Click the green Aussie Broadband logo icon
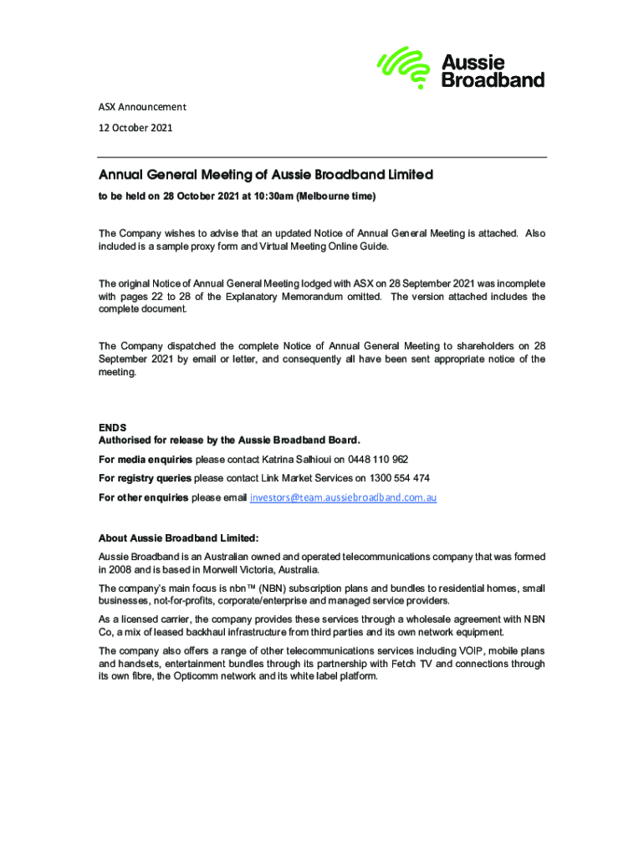[406, 67]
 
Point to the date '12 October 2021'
[135, 128]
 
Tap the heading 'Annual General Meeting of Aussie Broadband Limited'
[266, 176]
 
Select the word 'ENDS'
[113, 428]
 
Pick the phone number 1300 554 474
[401, 478]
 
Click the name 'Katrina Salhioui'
[297, 460]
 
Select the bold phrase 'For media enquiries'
[146, 460]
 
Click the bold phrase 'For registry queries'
[145, 478]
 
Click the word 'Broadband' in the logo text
[493, 80]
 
